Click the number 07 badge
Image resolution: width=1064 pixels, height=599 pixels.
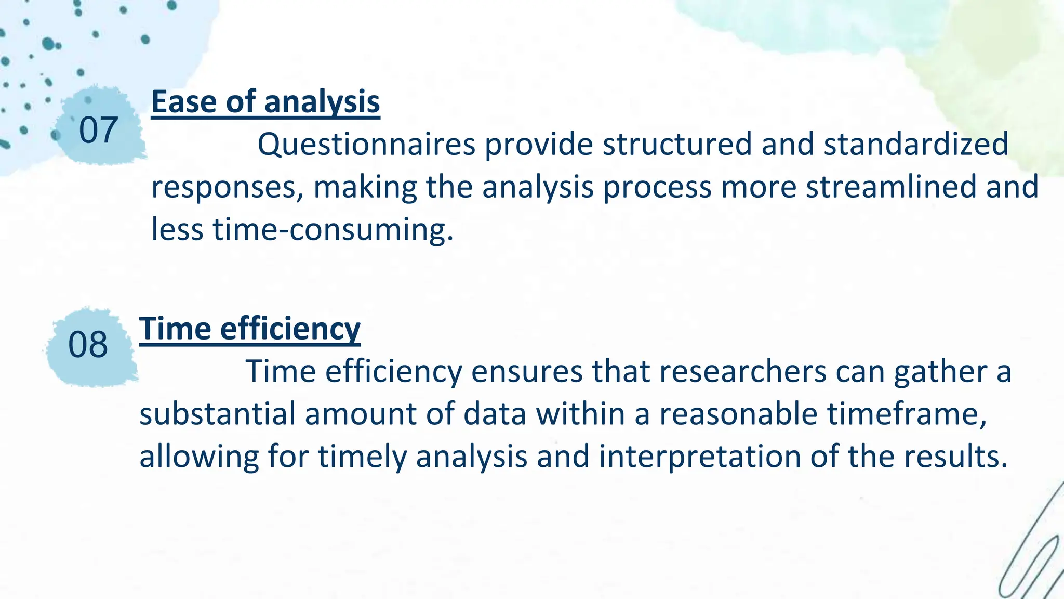click(x=98, y=130)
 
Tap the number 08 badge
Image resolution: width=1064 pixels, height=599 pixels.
click(x=88, y=344)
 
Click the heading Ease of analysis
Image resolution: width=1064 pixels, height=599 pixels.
click(x=265, y=101)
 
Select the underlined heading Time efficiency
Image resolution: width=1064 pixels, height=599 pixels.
click(x=249, y=329)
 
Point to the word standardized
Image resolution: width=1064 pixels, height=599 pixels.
click(x=915, y=145)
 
